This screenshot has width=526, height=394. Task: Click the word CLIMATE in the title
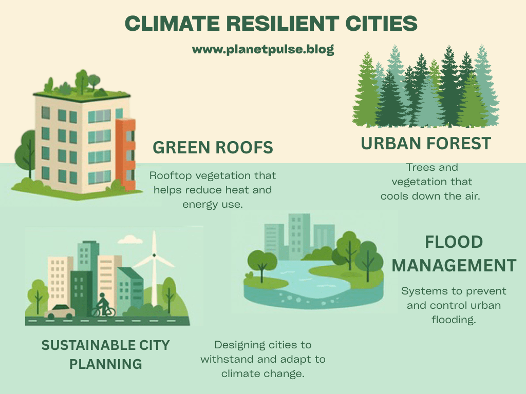[x=172, y=24]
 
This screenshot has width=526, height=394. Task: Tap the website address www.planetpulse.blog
[x=263, y=50]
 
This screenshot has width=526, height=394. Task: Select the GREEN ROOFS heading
[x=213, y=147]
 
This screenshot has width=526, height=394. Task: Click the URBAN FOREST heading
[x=426, y=144]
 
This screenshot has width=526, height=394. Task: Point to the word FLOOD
[x=454, y=242]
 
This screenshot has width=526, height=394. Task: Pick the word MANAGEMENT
[x=454, y=266]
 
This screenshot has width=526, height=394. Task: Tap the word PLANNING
[x=106, y=364]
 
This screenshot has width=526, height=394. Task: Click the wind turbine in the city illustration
[x=154, y=268]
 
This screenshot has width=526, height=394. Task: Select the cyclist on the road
[x=103, y=305]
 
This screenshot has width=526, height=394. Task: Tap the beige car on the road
[x=60, y=311]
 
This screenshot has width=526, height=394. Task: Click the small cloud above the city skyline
[x=130, y=239]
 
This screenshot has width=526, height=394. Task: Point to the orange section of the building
[x=125, y=154]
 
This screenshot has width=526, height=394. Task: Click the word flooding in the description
[x=454, y=320]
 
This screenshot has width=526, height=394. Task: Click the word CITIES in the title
[x=382, y=24]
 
